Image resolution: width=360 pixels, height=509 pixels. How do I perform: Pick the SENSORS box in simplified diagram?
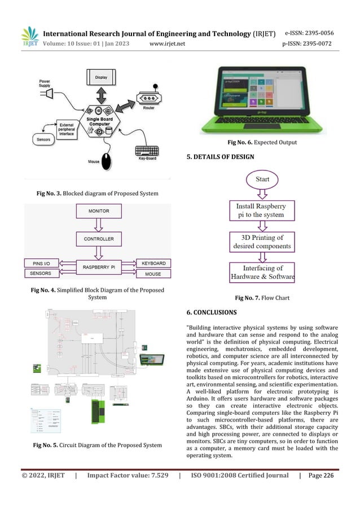[x=42, y=274]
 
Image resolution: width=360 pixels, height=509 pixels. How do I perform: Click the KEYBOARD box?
[x=152, y=264]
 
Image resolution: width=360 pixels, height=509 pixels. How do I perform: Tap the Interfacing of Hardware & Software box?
[x=262, y=273]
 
